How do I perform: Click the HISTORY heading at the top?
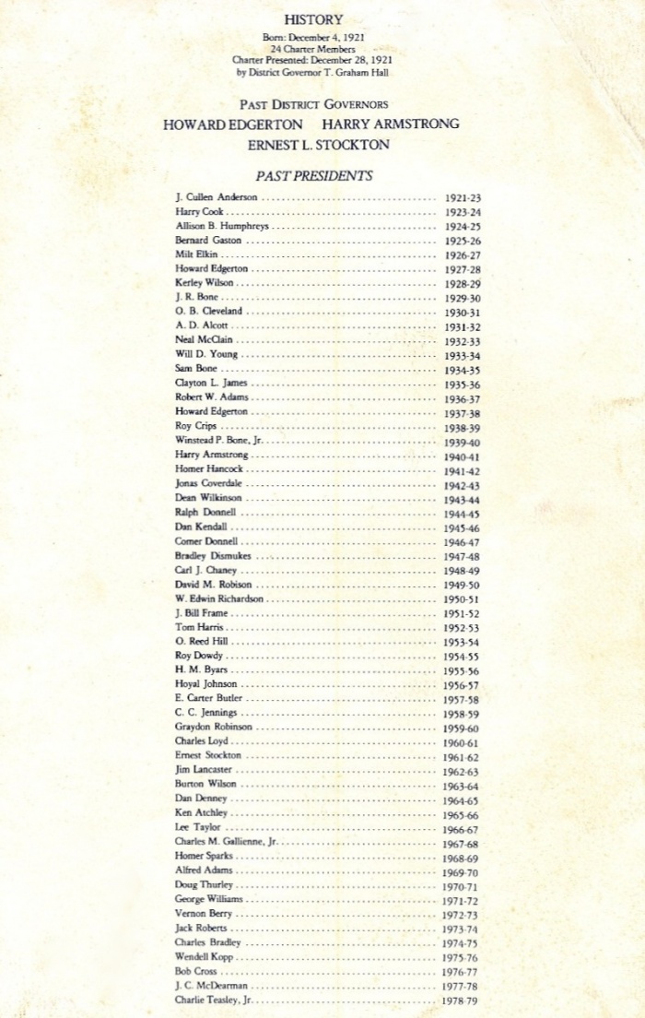(313, 19)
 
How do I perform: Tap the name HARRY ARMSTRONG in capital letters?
(391, 124)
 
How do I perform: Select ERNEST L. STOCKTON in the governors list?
(318, 145)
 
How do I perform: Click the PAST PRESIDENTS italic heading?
(314, 175)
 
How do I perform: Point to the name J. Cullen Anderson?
(217, 197)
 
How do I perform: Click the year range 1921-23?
(463, 197)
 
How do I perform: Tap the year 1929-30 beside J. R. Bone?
(463, 298)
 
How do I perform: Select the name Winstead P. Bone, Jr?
(219, 441)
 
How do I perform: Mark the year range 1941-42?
(463, 469)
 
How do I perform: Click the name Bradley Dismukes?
(213, 556)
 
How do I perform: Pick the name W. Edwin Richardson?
(219, 598)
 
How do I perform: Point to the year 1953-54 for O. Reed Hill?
(463, 642)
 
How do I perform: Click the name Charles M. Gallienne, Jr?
(226, 842)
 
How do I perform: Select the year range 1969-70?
(463, 870)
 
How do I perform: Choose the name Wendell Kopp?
(204, 957)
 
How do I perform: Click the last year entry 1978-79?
(463, 1000)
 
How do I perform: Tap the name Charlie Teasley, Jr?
(214, 1000)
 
